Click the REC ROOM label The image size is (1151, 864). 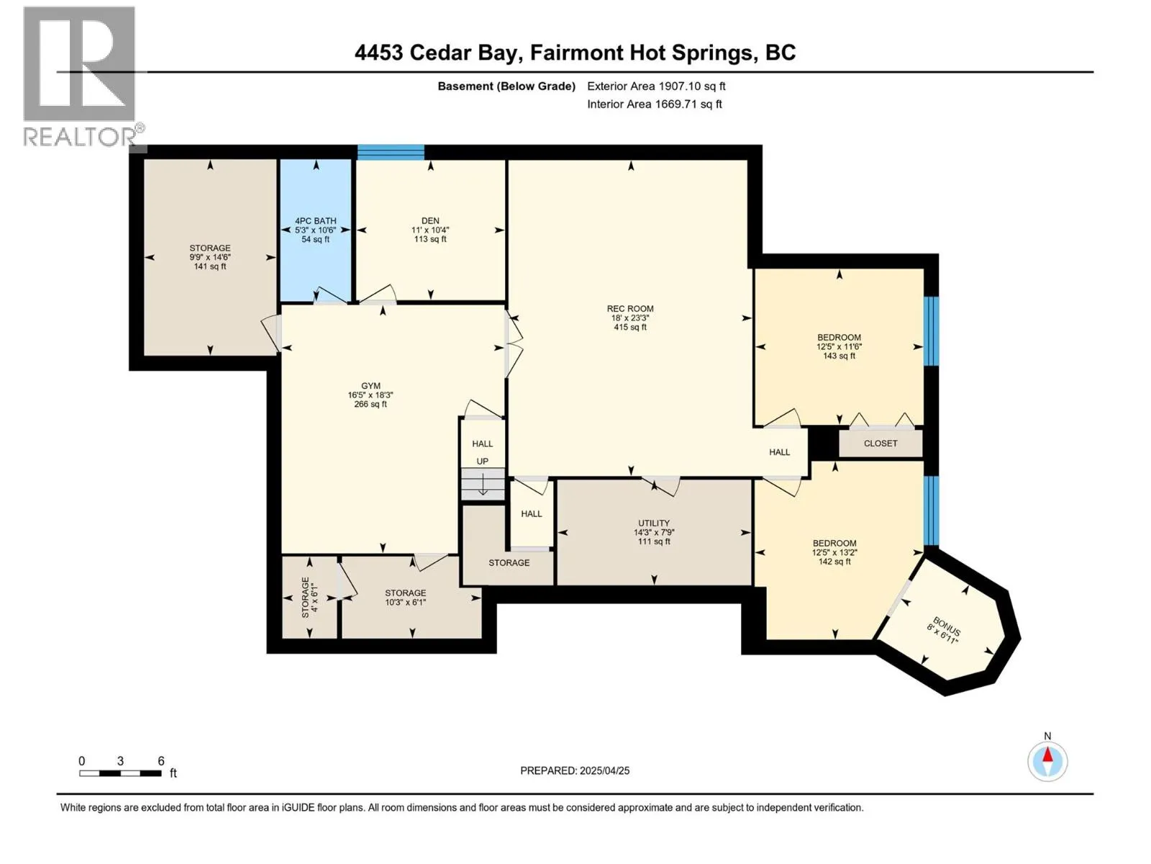(x=629, y=309)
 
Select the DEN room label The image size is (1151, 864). (x=430, y=221)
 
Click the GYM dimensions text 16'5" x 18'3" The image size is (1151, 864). (x=370, y=395)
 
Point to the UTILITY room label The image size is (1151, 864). (x=653, y=523)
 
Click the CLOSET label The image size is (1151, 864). (x=881, y=444)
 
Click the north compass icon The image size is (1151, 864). (x=1047, y=760)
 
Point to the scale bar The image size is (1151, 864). (x=120, y=773)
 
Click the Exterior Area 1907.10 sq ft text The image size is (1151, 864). (x=656, y=86)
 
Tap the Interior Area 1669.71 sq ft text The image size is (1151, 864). (x=654, y=104)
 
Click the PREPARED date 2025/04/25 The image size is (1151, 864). (x=575, y=770)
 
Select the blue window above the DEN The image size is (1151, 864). (x=391, y=152)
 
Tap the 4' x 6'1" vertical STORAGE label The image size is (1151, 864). (x=309, y=597)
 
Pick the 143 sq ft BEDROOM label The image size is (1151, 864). (x=839, y=346)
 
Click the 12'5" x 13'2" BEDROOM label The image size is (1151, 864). (x=834, y=552)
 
